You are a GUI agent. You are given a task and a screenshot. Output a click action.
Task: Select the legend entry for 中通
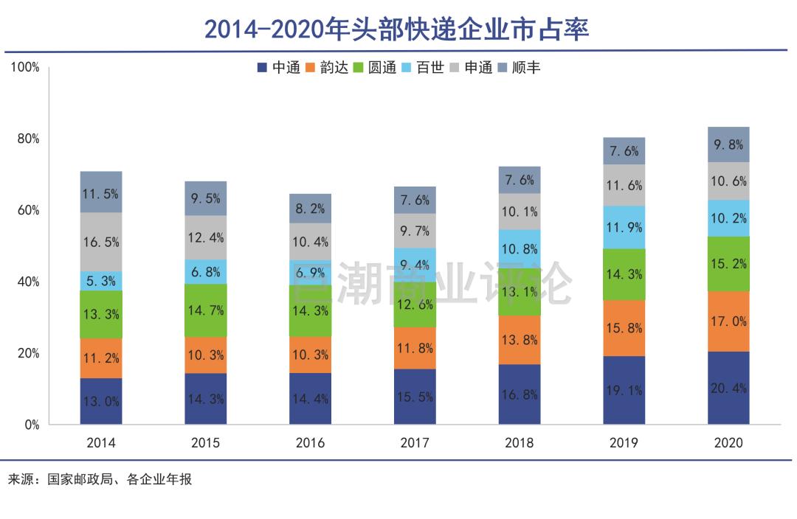(278, 68)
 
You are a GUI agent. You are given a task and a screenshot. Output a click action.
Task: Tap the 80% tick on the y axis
(28, 139)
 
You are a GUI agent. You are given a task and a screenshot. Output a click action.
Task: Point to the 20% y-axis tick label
(28, 353)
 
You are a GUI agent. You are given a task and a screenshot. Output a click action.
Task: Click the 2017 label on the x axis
(415, 443)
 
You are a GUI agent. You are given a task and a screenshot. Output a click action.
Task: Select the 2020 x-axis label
(728, 443)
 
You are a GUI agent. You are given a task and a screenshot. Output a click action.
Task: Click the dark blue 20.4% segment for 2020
(728, 388)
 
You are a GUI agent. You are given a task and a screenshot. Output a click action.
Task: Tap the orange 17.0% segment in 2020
(728, 321)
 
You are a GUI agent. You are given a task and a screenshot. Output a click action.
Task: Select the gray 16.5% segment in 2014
(101, 242)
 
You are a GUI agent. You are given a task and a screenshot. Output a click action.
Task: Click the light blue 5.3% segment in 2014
(101, 280)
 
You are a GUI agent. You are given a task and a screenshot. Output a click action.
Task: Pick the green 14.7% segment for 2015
(206, 310)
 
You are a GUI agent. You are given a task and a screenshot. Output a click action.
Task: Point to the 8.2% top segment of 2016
(310, 209)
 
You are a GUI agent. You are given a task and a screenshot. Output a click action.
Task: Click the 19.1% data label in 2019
(624, 391)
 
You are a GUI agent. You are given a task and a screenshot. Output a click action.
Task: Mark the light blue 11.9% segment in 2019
(624, 227)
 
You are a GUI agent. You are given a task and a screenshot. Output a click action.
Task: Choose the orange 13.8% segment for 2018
(520, 340)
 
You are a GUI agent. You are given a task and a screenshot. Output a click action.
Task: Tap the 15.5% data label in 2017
(415, 397)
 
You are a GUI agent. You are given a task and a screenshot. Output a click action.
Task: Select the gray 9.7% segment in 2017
(415, 231)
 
